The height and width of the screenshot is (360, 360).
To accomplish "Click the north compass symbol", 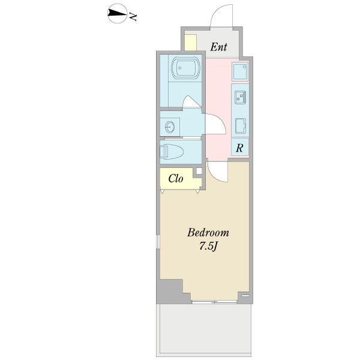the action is click(x=118, y=14).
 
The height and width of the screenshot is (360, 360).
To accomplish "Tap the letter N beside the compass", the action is click(x=133, y=17).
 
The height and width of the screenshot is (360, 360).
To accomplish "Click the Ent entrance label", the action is click(x=218, y=47).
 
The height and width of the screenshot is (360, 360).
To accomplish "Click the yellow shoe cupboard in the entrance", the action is click(x=191, y=43).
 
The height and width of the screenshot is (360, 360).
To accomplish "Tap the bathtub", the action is click(x=186, y=68).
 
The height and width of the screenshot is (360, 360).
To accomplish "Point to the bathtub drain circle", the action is click(x=180, y=68).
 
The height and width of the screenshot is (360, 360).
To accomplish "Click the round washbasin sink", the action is click(x=170, y=127).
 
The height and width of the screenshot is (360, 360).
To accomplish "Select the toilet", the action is click(x=172, y=152).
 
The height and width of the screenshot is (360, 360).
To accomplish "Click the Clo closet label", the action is click(x=176, y=178).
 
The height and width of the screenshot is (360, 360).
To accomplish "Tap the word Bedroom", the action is click(x=208, y=233).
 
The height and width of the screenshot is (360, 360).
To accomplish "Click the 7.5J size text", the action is click(x=208, y=247).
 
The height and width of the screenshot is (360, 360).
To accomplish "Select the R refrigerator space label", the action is click(x=239, y=148).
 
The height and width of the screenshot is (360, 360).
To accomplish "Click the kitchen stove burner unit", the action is click(x=240, y=97).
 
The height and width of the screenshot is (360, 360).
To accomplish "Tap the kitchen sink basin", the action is click(x=241, y=126).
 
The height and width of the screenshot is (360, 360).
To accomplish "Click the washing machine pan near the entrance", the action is click(x=240, y=71).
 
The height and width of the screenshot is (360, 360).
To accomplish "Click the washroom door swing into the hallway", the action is click(x=216, y=124).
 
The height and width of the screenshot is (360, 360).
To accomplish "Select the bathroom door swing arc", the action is click(x=192, y=101).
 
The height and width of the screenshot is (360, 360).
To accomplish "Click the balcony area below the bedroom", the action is click(x=204, y=331).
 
